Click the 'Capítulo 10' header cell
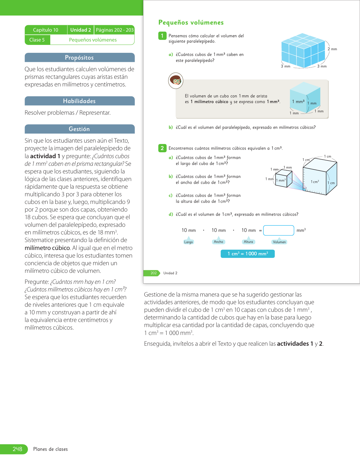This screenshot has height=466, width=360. coord(46,30)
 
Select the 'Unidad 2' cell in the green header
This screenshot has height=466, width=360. coord(80,30)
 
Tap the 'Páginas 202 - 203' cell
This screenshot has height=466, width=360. coord(115,30)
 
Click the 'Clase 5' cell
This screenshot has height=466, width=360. coord(37,40)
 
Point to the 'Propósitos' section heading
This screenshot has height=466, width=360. coord(79,58)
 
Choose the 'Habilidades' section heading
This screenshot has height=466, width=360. coord(79,101)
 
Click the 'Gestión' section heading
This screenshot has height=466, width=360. coord(79,129)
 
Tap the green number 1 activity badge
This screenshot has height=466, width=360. coord(162,36)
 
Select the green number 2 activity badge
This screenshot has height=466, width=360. coord(162,148)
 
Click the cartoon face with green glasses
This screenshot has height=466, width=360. coord(176,80)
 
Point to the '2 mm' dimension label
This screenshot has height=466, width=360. coord(332,49)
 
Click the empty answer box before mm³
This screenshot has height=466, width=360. coord(278,230)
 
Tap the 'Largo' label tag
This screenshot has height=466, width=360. coord(188,242)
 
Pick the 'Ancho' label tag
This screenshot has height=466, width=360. coord(218,242)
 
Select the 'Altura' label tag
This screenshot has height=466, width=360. coord(248,242)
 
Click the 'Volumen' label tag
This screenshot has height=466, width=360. coord(279,242)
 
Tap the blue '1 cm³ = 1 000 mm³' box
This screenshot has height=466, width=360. coord(248,254)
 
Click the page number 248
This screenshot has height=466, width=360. coord(17,449)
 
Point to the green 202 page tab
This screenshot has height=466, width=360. coord(153,273)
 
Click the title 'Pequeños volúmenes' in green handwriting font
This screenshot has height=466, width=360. coord(191,23)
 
